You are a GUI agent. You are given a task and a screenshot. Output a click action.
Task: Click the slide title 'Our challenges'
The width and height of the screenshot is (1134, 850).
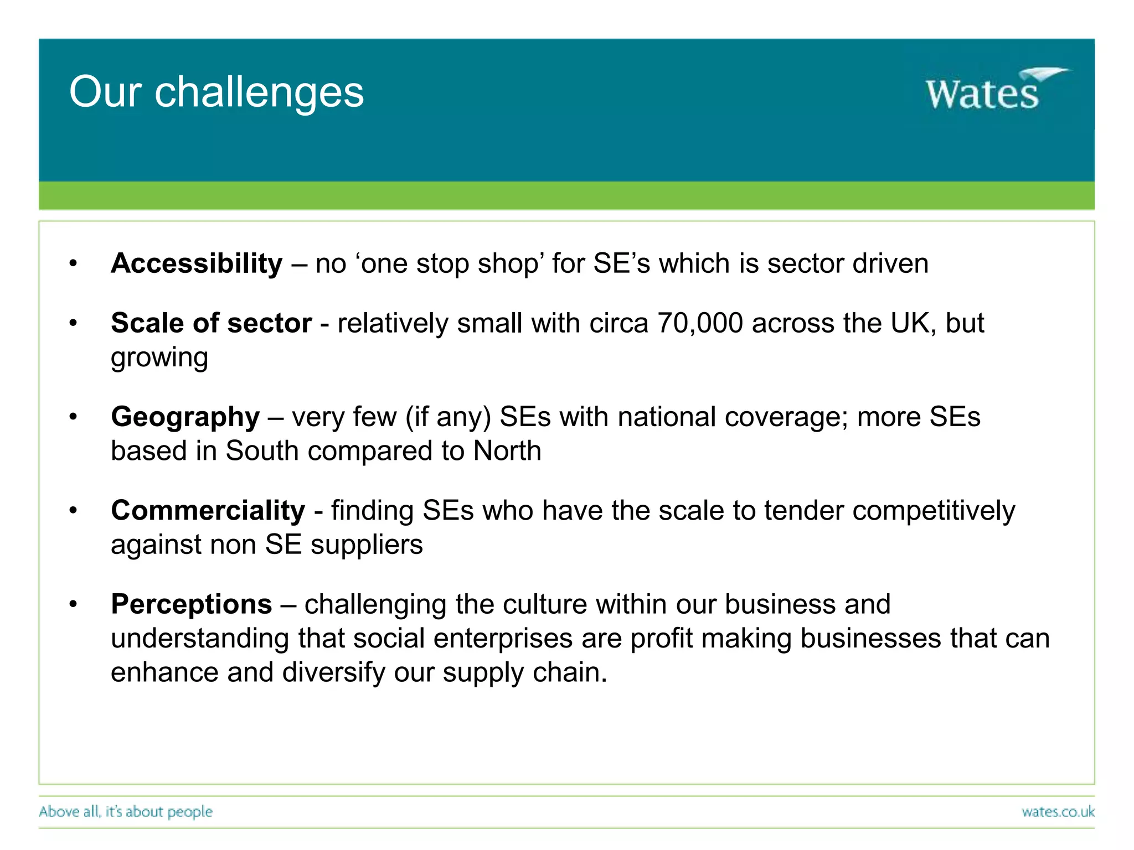click(x=217, y=92)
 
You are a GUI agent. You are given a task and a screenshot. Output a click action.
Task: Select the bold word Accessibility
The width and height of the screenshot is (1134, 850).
click(x=197, y=263)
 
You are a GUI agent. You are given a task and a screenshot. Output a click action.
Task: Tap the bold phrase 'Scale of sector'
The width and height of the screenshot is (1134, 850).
click(x=211, y=323)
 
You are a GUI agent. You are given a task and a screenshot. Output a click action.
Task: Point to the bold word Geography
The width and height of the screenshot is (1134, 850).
click(x=185, y=417)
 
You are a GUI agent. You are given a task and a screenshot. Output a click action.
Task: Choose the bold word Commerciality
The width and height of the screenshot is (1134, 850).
click(x=208, y=510)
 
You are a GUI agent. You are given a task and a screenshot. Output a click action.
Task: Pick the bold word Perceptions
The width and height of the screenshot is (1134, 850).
click(x=191, y=604)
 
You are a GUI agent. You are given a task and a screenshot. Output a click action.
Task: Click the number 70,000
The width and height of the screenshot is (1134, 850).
click(x=699, y=323)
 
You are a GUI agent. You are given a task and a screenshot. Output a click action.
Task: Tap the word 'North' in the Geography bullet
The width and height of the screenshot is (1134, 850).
click(x=507, y=451)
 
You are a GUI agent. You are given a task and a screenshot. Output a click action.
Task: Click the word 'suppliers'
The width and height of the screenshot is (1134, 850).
click(x=367, y=545)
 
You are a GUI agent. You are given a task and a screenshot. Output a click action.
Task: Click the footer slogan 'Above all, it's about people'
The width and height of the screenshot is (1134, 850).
click(x=126, y=812)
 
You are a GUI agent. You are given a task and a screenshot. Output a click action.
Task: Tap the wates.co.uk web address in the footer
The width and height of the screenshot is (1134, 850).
click(x=1058, y=812)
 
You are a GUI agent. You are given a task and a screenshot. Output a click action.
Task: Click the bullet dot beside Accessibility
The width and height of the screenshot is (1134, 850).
click(x=73, y=265)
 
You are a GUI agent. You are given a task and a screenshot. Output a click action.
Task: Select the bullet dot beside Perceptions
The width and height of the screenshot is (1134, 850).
click(x=73, y=605)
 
